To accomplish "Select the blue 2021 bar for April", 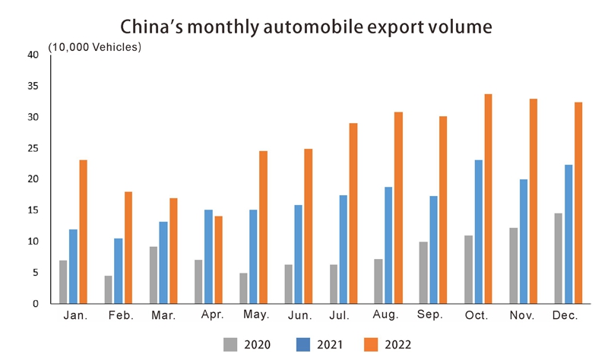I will pos(208,257).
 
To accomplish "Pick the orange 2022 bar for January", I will pos(83,232).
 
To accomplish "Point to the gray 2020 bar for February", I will pos(109,289).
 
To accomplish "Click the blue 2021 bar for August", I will pos(389,245).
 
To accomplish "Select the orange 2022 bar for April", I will pos(218,260).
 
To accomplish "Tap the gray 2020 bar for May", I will pos(244,289).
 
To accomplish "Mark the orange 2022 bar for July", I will pos(353,213).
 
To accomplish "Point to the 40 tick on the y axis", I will pos(33,55).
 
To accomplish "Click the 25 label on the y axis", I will pos(33,148).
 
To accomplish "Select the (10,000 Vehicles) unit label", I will pos(95,47).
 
